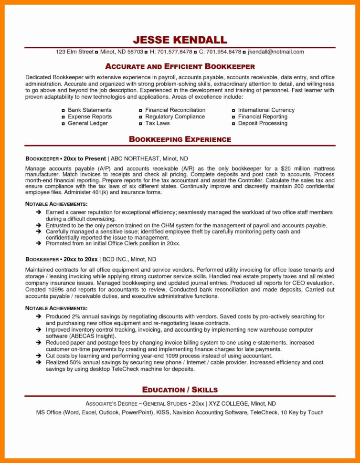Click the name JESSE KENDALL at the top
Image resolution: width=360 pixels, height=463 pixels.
click(x=180, y=39)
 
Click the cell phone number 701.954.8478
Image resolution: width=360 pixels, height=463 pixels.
click(x=223, y=52)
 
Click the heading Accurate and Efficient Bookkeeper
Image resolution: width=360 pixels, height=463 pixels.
click(x=180, y=66)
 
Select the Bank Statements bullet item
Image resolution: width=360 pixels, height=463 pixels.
click(x=89, y=110)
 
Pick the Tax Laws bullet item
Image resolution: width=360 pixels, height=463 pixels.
click(x=157, y=123)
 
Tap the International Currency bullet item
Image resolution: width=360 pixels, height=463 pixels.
click(x=266, y=110)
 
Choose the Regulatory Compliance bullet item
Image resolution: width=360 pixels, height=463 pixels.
click(x=175, y=116)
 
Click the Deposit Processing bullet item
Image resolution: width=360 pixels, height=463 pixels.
click(x=263, y=123)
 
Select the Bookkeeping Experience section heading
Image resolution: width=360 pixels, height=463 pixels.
click(x=180, y=139)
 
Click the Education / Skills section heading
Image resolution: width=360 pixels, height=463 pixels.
click(x=180, y=389)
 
